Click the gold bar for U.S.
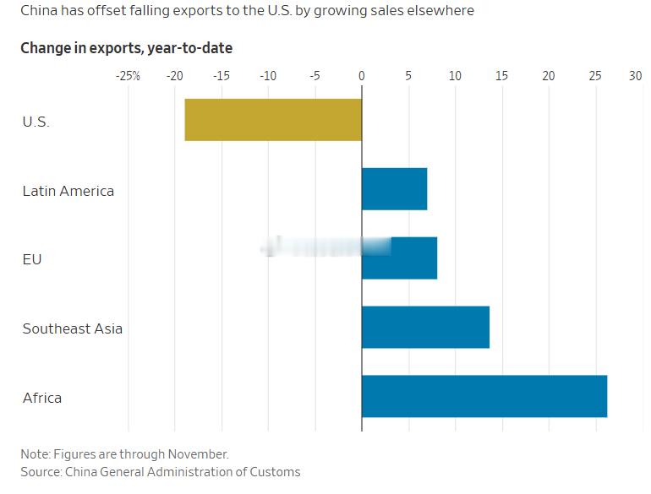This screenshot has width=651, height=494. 273,120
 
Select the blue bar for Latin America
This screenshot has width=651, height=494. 394,189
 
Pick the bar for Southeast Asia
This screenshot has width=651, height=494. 425,328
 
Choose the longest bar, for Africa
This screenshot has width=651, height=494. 484,397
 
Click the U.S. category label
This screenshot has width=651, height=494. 36,122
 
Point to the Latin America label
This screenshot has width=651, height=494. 68,191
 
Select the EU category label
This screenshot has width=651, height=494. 32,259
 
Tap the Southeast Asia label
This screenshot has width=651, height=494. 73,328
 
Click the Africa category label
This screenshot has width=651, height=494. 42,398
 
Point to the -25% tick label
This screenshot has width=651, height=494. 128,76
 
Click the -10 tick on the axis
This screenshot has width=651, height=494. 268,76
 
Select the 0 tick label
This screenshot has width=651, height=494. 362,76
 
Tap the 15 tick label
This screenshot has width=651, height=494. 501,76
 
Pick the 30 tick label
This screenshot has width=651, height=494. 635,76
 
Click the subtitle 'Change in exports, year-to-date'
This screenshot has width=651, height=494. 126,48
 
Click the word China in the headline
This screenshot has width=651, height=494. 39,11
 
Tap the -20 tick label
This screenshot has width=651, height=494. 174,76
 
